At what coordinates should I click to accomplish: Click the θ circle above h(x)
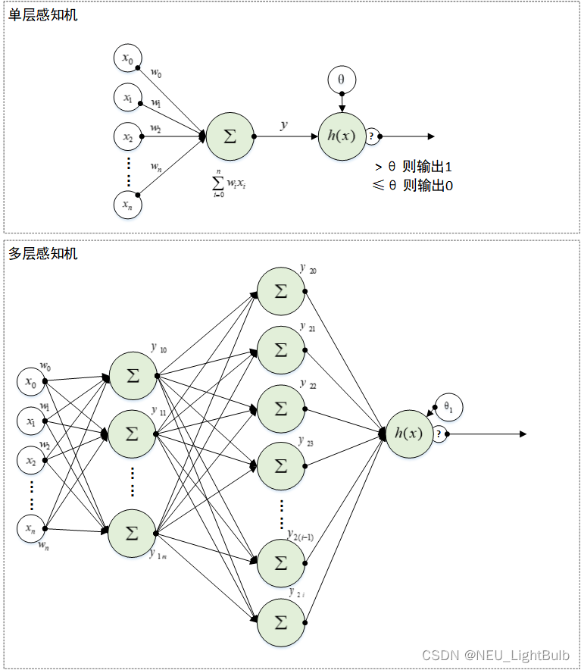click(x=342, y=80)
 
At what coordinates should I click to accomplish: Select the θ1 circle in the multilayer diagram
click(x=448, y=408)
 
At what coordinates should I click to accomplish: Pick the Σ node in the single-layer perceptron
click(x=230, y=136)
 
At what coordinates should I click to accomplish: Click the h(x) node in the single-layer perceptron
click(x=342, y=136)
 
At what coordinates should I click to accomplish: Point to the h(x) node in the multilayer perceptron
click(x=409, y=434)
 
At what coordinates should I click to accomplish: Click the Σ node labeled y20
click(x=281, y=292)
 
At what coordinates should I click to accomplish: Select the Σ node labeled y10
click(x=133, y=375)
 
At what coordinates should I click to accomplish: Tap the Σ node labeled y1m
click(x=132, y=533)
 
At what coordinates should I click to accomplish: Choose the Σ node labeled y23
click(x=281, y=466)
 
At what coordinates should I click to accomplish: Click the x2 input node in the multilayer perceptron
click(x=31, y=461)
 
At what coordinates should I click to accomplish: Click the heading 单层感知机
click(x=43, y=14)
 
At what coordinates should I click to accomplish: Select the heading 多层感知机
click(x=43, y=254)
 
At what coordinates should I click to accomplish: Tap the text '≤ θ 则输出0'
click(x=413, y=186)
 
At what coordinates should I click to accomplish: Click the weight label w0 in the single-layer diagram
click(x=155, y=73)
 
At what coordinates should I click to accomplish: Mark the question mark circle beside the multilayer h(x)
click(x=439, y=434)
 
